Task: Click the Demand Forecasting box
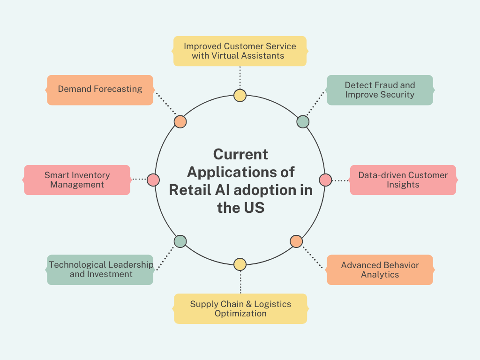click(x=100, y=90)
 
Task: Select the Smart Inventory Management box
click(x=77, y=180)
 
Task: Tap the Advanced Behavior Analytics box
click(x=380, y=270)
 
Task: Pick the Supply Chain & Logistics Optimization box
click(x=240, y=309)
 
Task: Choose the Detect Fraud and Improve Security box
click(x=380, y=90)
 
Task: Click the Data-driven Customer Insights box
click(x=403, y=180)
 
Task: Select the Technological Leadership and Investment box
click(x=100, y=270)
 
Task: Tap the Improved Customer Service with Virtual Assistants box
click(x=240, y=51)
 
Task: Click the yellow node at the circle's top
click(x=240, y=96)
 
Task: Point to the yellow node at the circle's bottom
click(x=240, y=264)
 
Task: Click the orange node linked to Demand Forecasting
click(x=180, y=122)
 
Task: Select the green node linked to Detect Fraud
click(x=303, y=122)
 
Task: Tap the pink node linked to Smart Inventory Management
click(x=153, y=180)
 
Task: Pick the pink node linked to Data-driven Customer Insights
click(x=325, y=180)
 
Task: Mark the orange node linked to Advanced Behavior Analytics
click(x=296, y=241)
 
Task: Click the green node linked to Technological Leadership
click(x=180, y=241)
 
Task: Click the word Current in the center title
click(x=240, y=154)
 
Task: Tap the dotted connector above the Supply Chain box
click(x=240, y=282)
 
